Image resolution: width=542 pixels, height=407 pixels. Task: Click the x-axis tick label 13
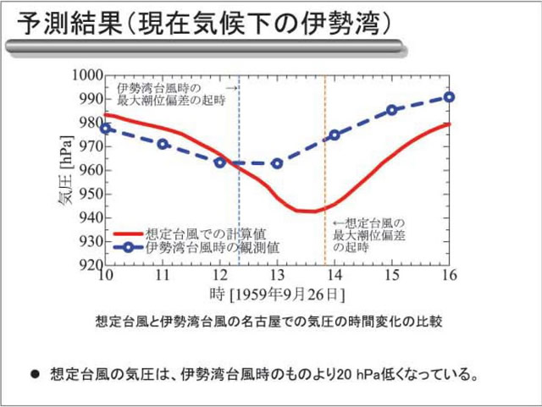[x=276, y=277]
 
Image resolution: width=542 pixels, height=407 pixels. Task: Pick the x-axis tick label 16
[x=449, y=277]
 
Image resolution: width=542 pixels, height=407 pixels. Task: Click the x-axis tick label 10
[x=105, y=277]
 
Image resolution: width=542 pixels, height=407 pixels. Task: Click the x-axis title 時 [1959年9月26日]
[x=277, y=294]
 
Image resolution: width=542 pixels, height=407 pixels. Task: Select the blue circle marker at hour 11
[x=163, y=145]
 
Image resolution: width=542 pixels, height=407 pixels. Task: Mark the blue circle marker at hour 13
[x=277, y=163]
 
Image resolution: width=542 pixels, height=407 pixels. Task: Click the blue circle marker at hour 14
[x=335, y=135]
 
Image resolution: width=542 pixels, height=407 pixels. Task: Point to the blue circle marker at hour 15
[x=392, y=110]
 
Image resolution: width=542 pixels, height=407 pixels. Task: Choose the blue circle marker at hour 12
[x=220, y=162]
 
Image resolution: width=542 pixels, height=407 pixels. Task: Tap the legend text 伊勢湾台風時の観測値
[x=213, y=248]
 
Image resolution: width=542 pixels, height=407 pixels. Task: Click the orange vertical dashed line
[x=324, y=169]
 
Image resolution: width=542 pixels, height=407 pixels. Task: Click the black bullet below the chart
[x=35, y=373]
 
